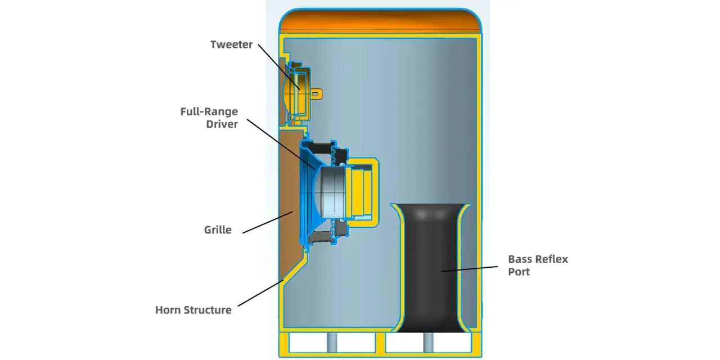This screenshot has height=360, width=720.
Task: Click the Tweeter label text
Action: pyautogui.click(x=231, y=44)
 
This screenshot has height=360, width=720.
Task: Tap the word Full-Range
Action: pyautogui.click(x=209, y=111)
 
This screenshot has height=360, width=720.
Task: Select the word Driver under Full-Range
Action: pyautogui.click(x=222, y=124)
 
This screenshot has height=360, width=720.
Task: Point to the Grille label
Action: pyautogui.click(x=218, y=230)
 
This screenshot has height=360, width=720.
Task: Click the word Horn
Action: pyautogui.click(x=168, y=310)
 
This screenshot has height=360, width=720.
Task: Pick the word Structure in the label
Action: pyautogui.click(x=208, y=310)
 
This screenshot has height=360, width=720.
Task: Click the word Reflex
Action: pyautogui.click(x=552, y=259)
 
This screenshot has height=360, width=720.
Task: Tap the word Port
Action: pyautogui.click(x=519, y=272)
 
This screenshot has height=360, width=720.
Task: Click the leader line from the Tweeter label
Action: pyautogui.click(x=279, y=67)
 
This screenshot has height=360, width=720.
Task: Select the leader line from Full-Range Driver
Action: pyautogui.click(x=281, y=144)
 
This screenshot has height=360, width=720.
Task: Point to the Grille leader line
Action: pyautogui.click(x=268, y=222)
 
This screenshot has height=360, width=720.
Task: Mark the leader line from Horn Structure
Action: pyautogui.click(x=260, y=293)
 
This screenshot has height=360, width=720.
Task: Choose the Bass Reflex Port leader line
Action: pyautogui.click(x=470, y=269)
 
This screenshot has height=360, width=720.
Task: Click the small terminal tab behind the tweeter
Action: pyautogui.click(x=316, y=94)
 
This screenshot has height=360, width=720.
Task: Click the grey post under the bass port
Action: pyautogui.click(x=428, y=343)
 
